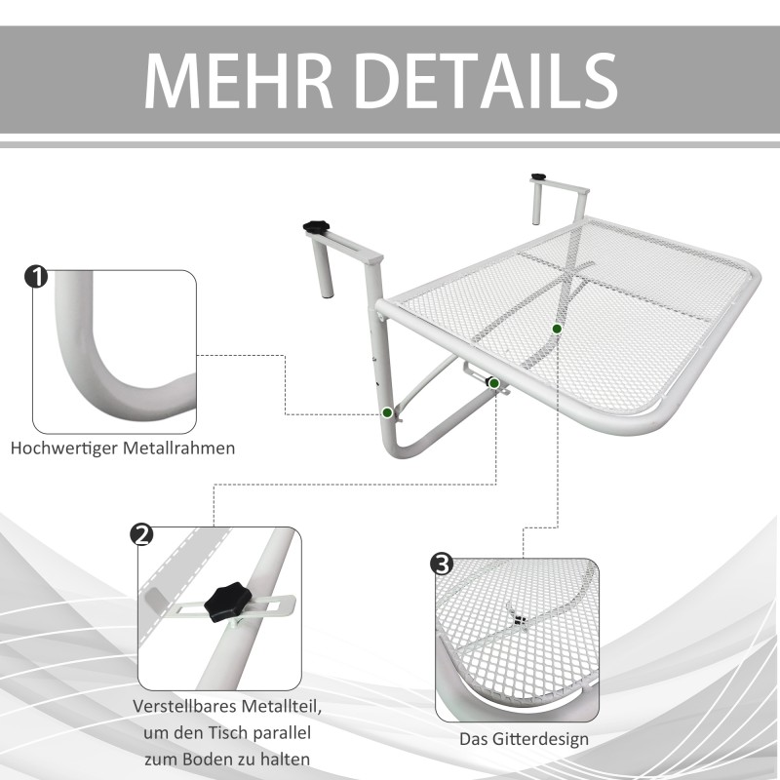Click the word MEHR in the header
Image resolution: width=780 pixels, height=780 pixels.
[x=238, y=81]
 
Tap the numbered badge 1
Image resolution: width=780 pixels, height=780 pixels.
[x=36, y=277]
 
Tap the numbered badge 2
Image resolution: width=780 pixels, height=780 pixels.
[x=141, y=534]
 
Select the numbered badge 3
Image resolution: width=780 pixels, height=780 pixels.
[x=442, y=565]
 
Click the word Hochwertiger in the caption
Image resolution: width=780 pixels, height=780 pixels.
[x=64, y=448]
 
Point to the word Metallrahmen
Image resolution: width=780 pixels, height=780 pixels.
[x=178, y=448]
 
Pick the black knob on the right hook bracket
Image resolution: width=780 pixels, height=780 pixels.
[x=538, y=176]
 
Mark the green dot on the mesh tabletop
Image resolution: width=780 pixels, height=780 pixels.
[x=557, y=329]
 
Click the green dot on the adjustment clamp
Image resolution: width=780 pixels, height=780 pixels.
[x=494, y=383]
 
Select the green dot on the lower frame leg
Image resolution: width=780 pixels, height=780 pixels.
[x=387, y=412]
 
